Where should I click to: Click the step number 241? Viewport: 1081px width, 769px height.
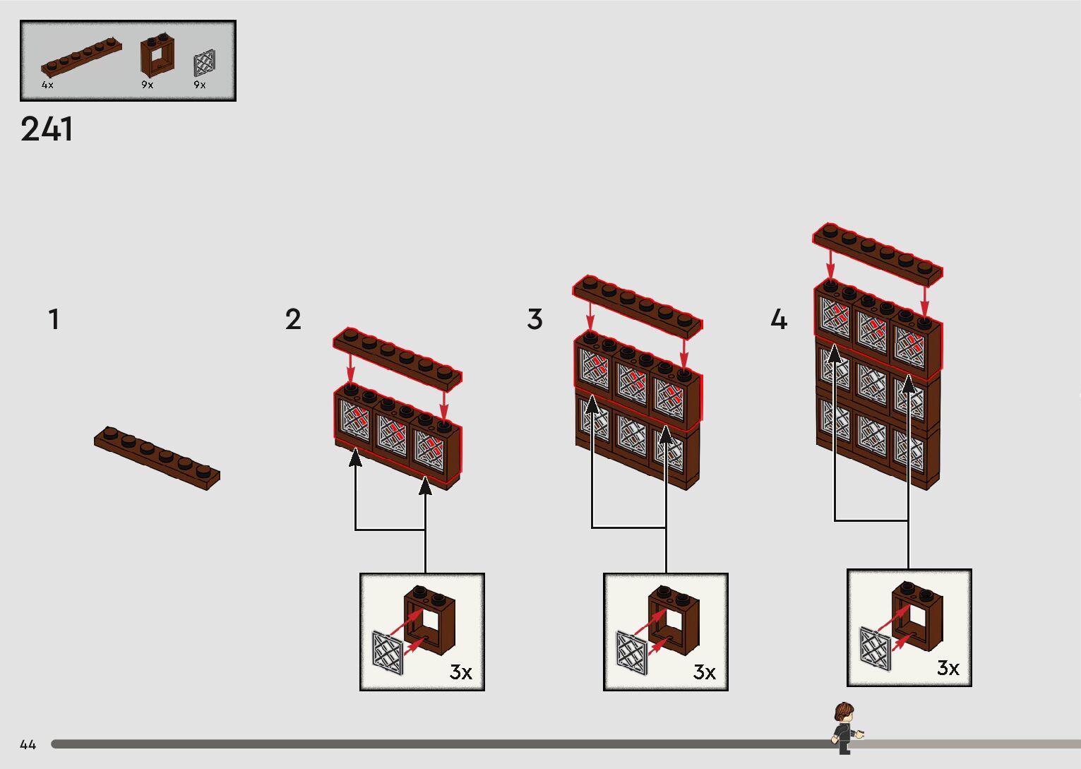(x=47, y=130)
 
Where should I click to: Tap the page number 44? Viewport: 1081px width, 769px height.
(x=28, y=744)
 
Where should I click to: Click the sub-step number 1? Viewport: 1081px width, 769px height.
(x=54, y=319)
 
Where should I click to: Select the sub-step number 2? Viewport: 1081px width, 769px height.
(x=293, y=319)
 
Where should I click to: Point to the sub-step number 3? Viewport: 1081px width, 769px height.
(x=534, y=319)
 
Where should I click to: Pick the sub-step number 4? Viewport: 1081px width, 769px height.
(x=778, y=319)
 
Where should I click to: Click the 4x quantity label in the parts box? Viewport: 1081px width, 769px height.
(x=47, y=85)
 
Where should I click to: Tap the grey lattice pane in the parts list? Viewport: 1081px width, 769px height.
(x=204, y=63)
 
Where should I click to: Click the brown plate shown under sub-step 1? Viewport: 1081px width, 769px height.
(x=157, y=458)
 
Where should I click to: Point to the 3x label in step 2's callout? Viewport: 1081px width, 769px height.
(x=460, y=672)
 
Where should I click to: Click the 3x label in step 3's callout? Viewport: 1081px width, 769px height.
(x=704, y=672)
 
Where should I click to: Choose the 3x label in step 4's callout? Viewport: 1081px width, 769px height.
(x=948, y=668)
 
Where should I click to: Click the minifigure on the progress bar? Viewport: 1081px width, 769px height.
(x=844, y=727)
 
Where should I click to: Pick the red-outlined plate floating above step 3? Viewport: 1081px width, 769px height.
(x=638, y=304)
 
